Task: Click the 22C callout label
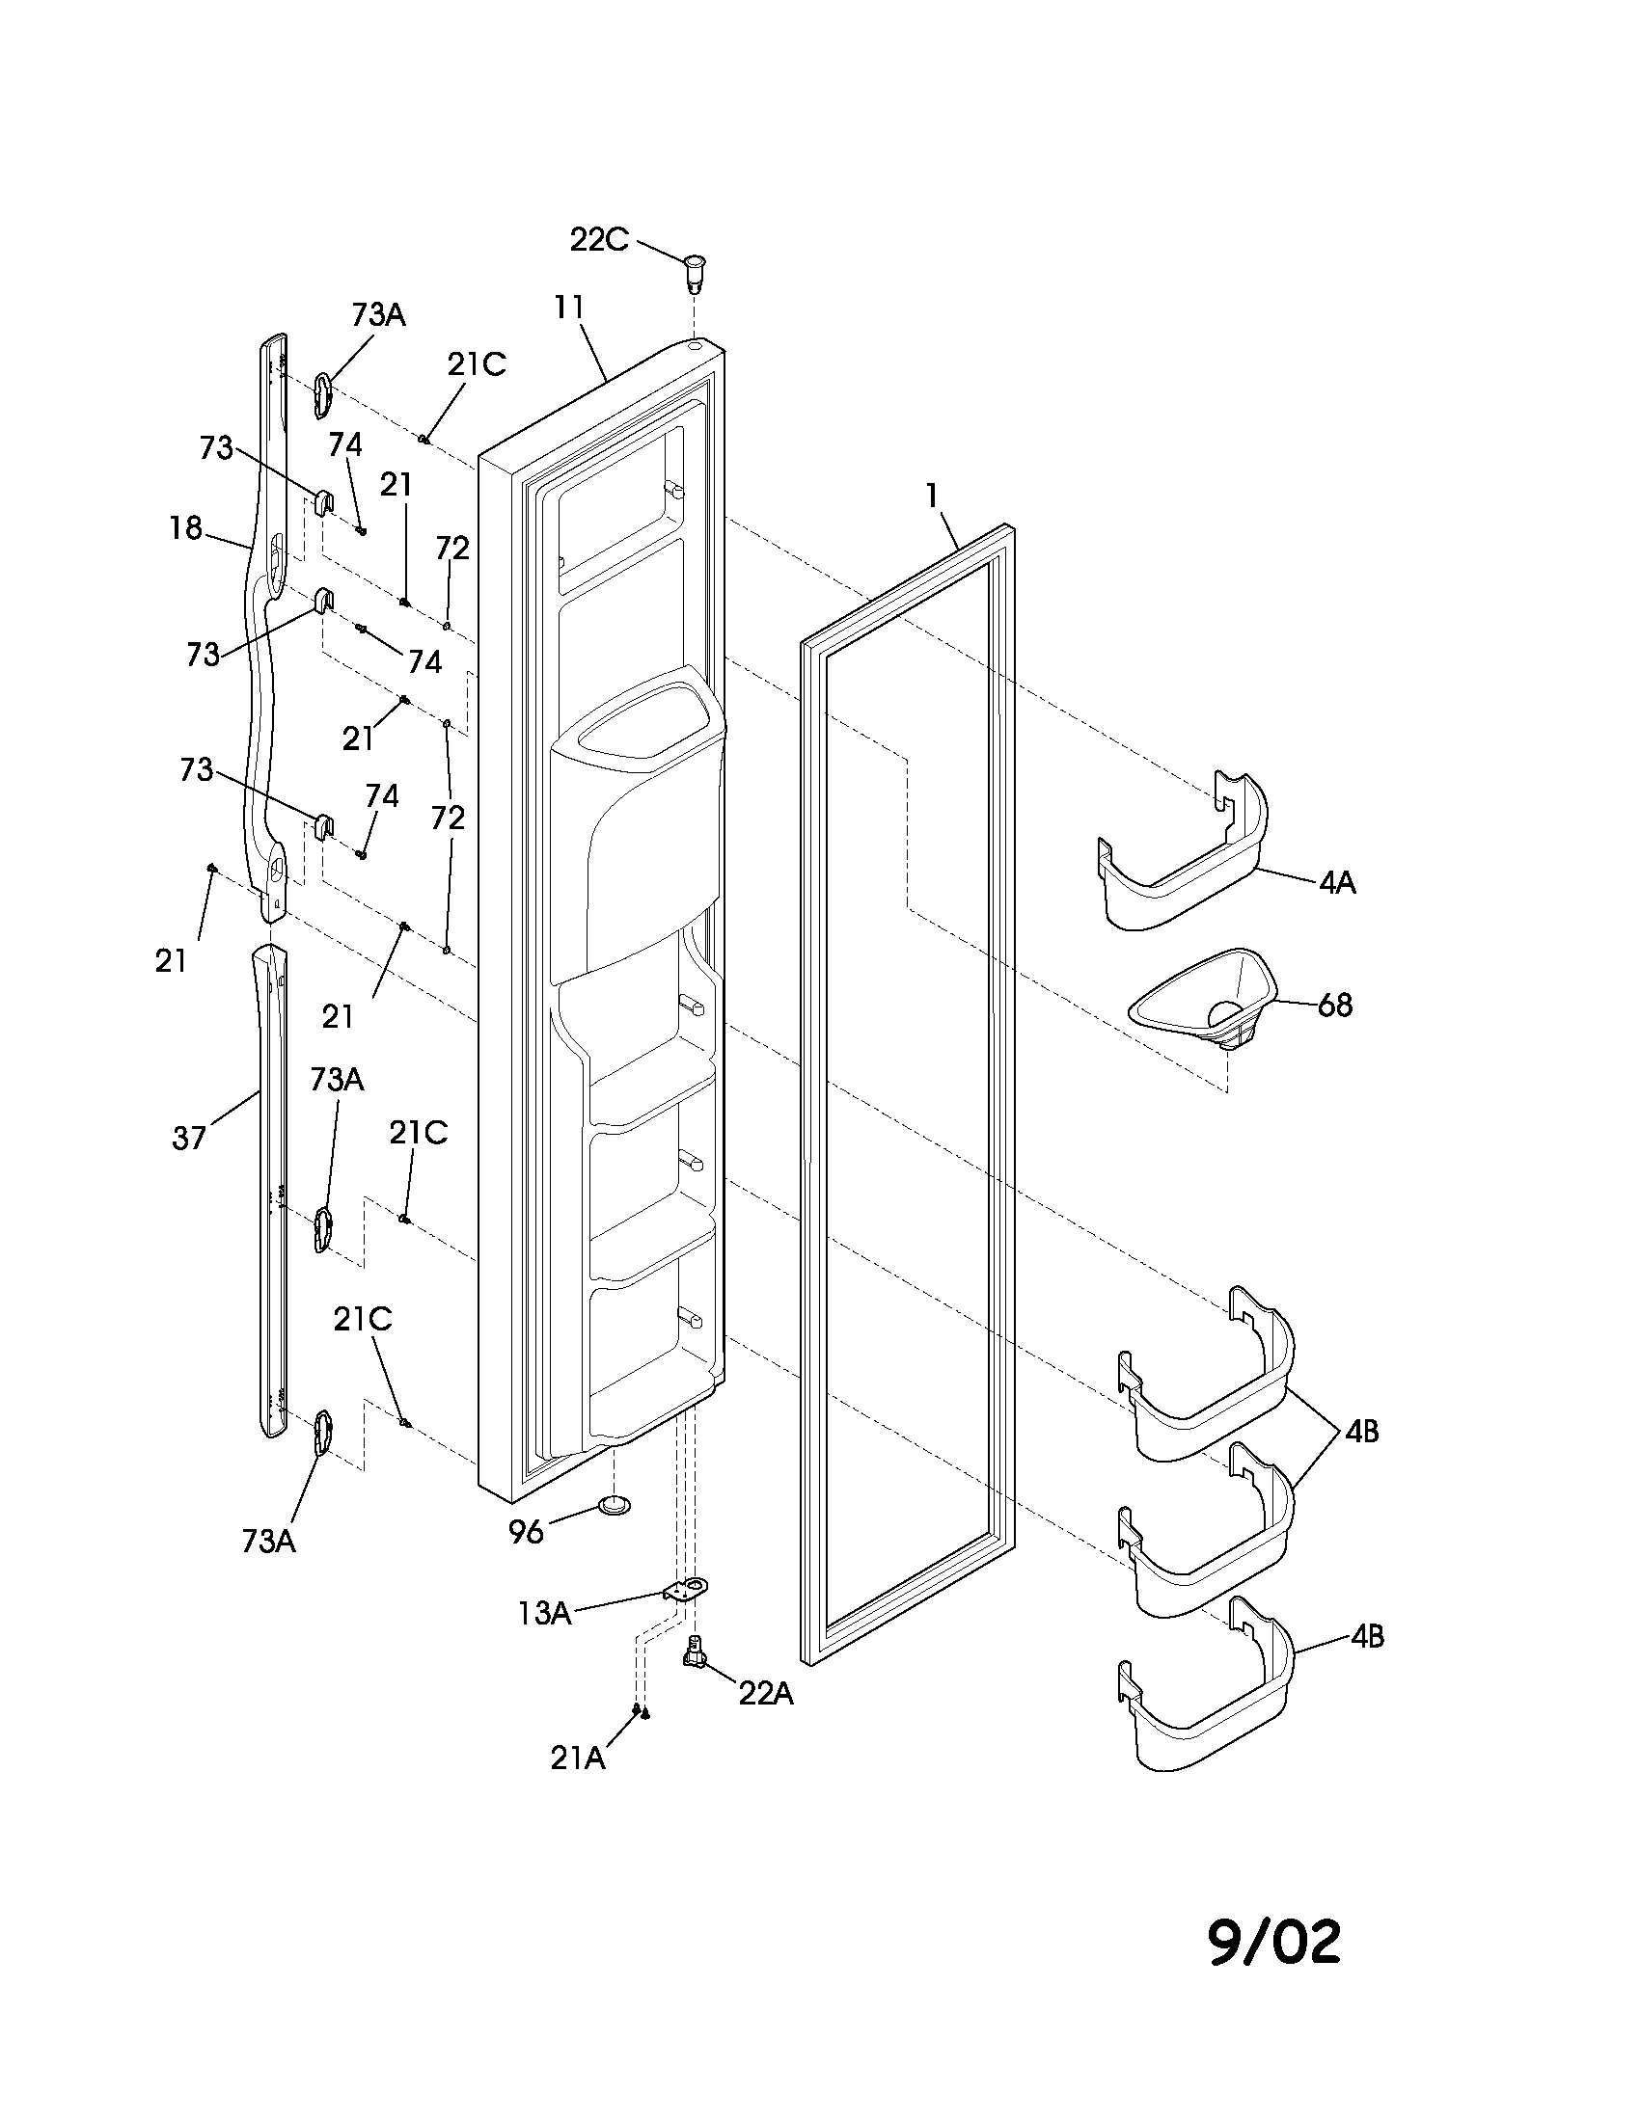[x=598, y=239]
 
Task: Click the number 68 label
[x=1335, y=1006]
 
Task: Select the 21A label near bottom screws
[x=578, y=1758]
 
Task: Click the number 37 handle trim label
[x=189, y=1138]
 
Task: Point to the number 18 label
[x=185, y=528]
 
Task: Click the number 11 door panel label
[x=569, y=307]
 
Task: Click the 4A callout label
[x=1337, y=883]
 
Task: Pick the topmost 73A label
[x=378, y=314]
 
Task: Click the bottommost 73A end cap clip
[x=322, y=1433]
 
